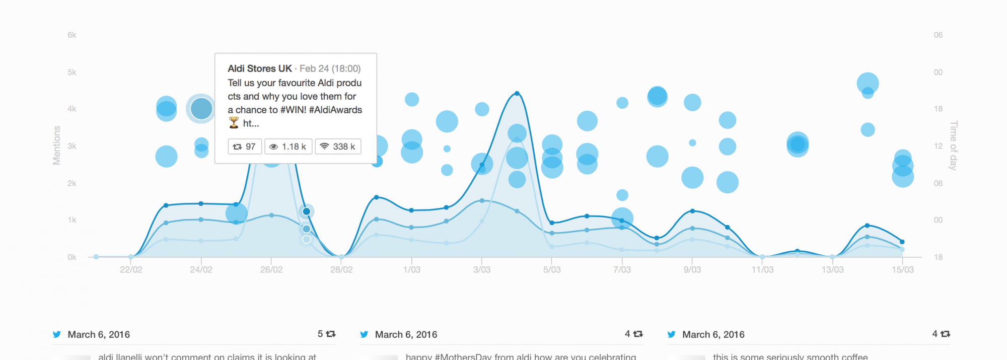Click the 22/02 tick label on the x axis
(x=131, y=270)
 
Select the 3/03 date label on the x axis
(x=482, y=270)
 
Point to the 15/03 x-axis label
(x=902, y=270)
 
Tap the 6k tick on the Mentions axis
(x=72, y=35)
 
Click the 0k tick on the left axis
(x=72, y=257)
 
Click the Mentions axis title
(x=57, y=146)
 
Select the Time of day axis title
(x=953, y=146)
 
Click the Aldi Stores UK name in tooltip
(x=260, y=68)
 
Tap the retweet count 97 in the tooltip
(x=245, y=147)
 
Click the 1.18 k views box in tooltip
(x=289, y=147)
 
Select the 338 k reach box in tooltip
(x=338, y=147)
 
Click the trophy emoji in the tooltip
(x=234, y=123)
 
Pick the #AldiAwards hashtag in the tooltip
(x=335, y=110)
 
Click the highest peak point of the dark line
(x=517, y=94)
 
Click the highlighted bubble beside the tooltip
(x=201, y=109)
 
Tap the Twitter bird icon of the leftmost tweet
(x=57, y=334)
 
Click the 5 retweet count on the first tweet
(x=321, y=334)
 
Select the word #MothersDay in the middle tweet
(x=463, y=356)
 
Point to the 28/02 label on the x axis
(x=341, y=270)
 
